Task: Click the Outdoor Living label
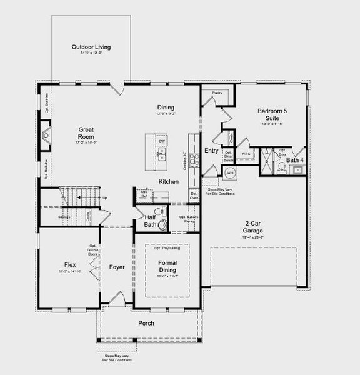click(x=91, y=47)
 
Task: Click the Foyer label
click(x=117, y=267)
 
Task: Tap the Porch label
click(x=146, y=323)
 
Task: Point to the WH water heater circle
click(x=229, y=172)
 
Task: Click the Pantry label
click(x=217, y=93)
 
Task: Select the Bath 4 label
click(x=295, y=160)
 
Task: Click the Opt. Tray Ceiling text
click(x=168, y=248)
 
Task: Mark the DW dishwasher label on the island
click(x=162, y=142)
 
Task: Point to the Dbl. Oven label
click(x=194, y=196)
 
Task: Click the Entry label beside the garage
click(x=211, y=151)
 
